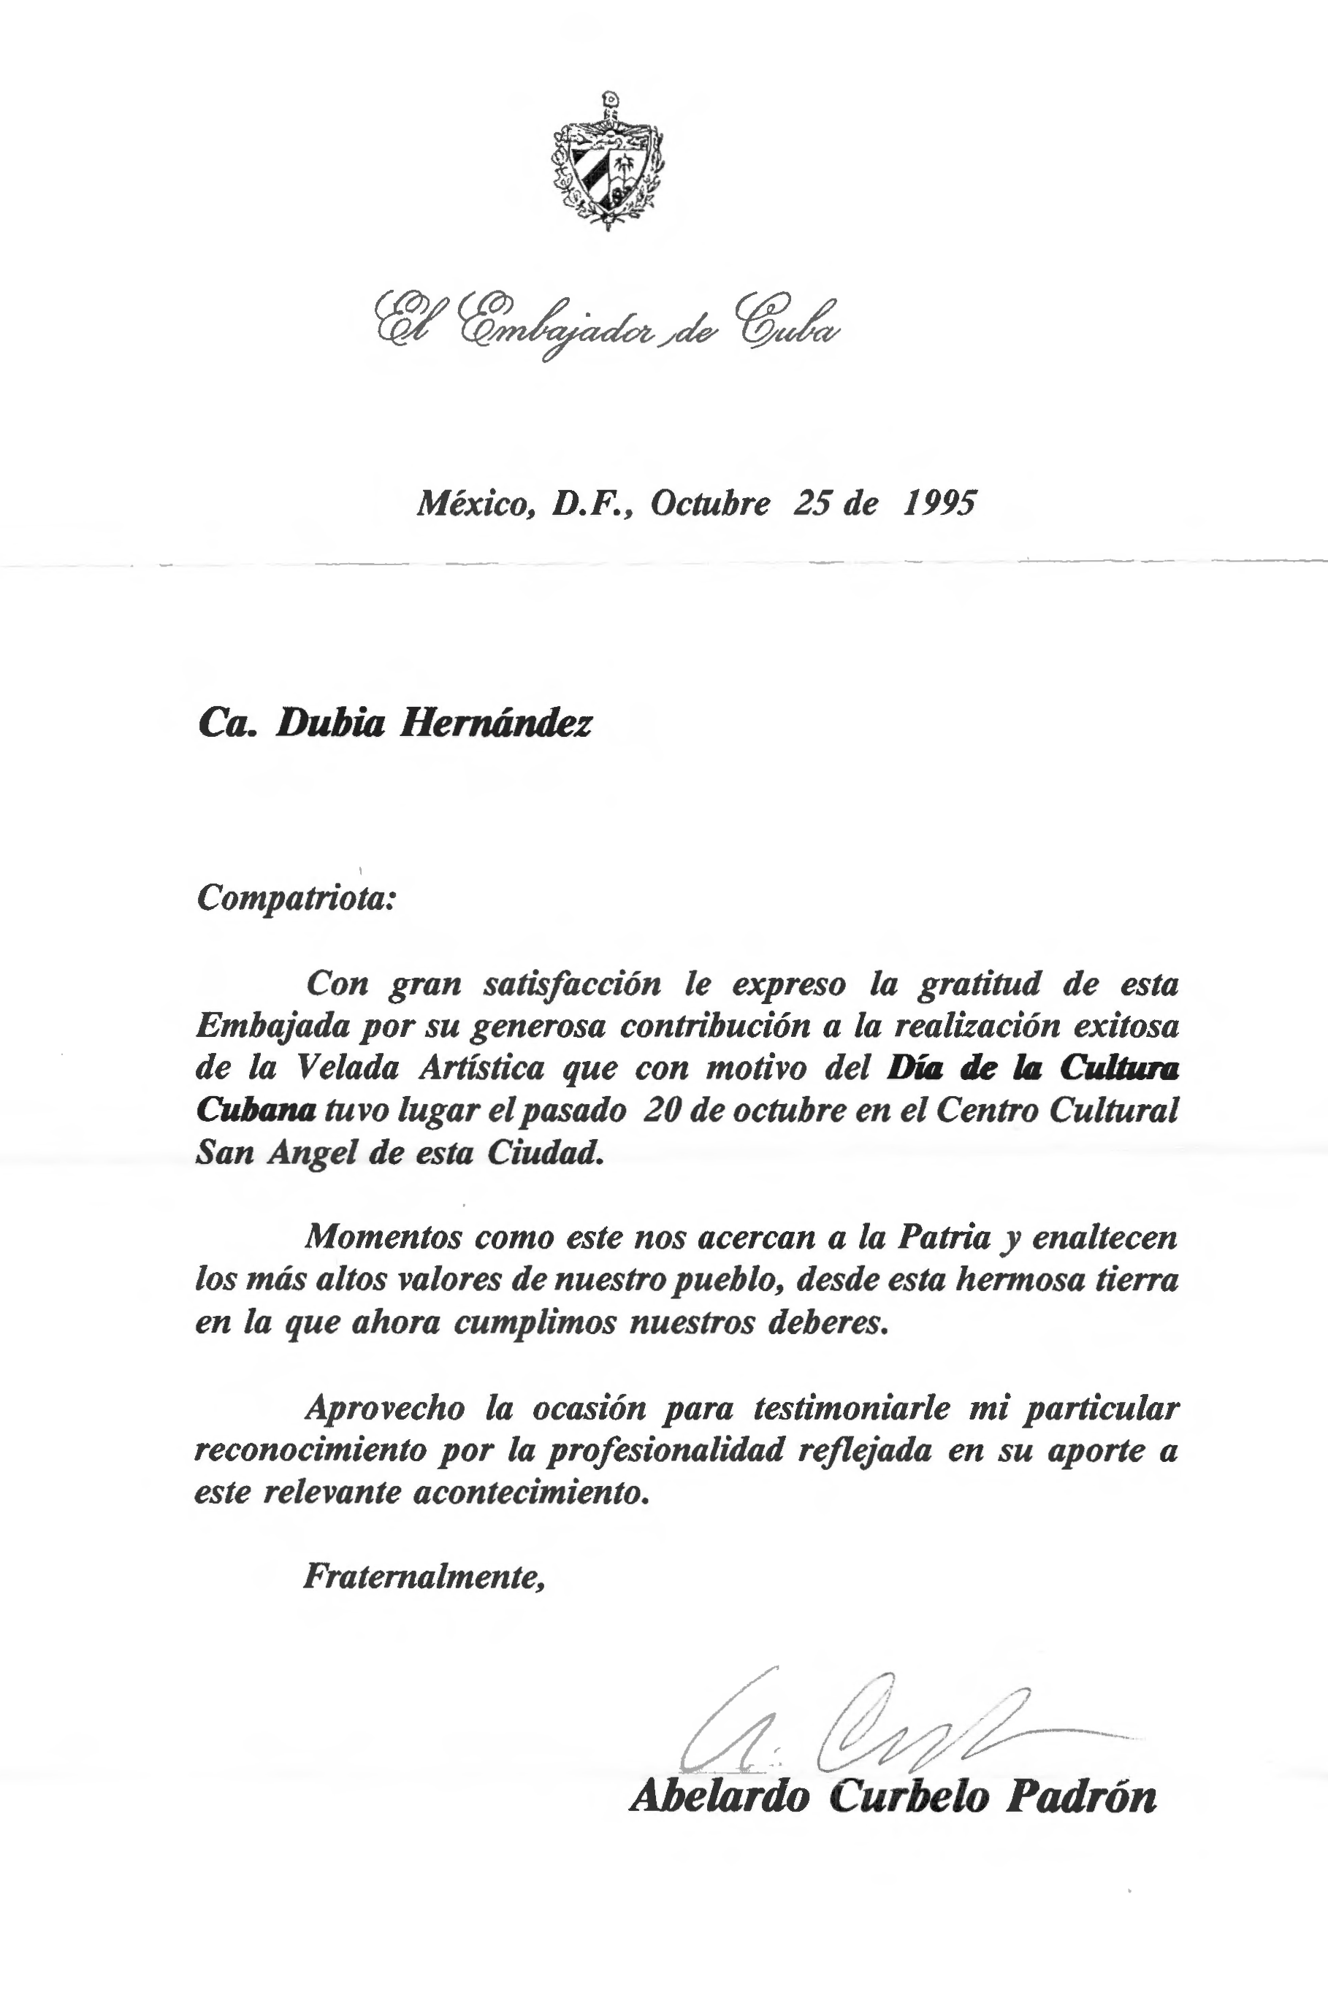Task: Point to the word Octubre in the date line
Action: point(711,504)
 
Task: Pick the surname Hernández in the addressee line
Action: point(495,722)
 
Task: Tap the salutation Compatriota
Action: point(296,898)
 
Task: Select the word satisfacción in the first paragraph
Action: point(573,984)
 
